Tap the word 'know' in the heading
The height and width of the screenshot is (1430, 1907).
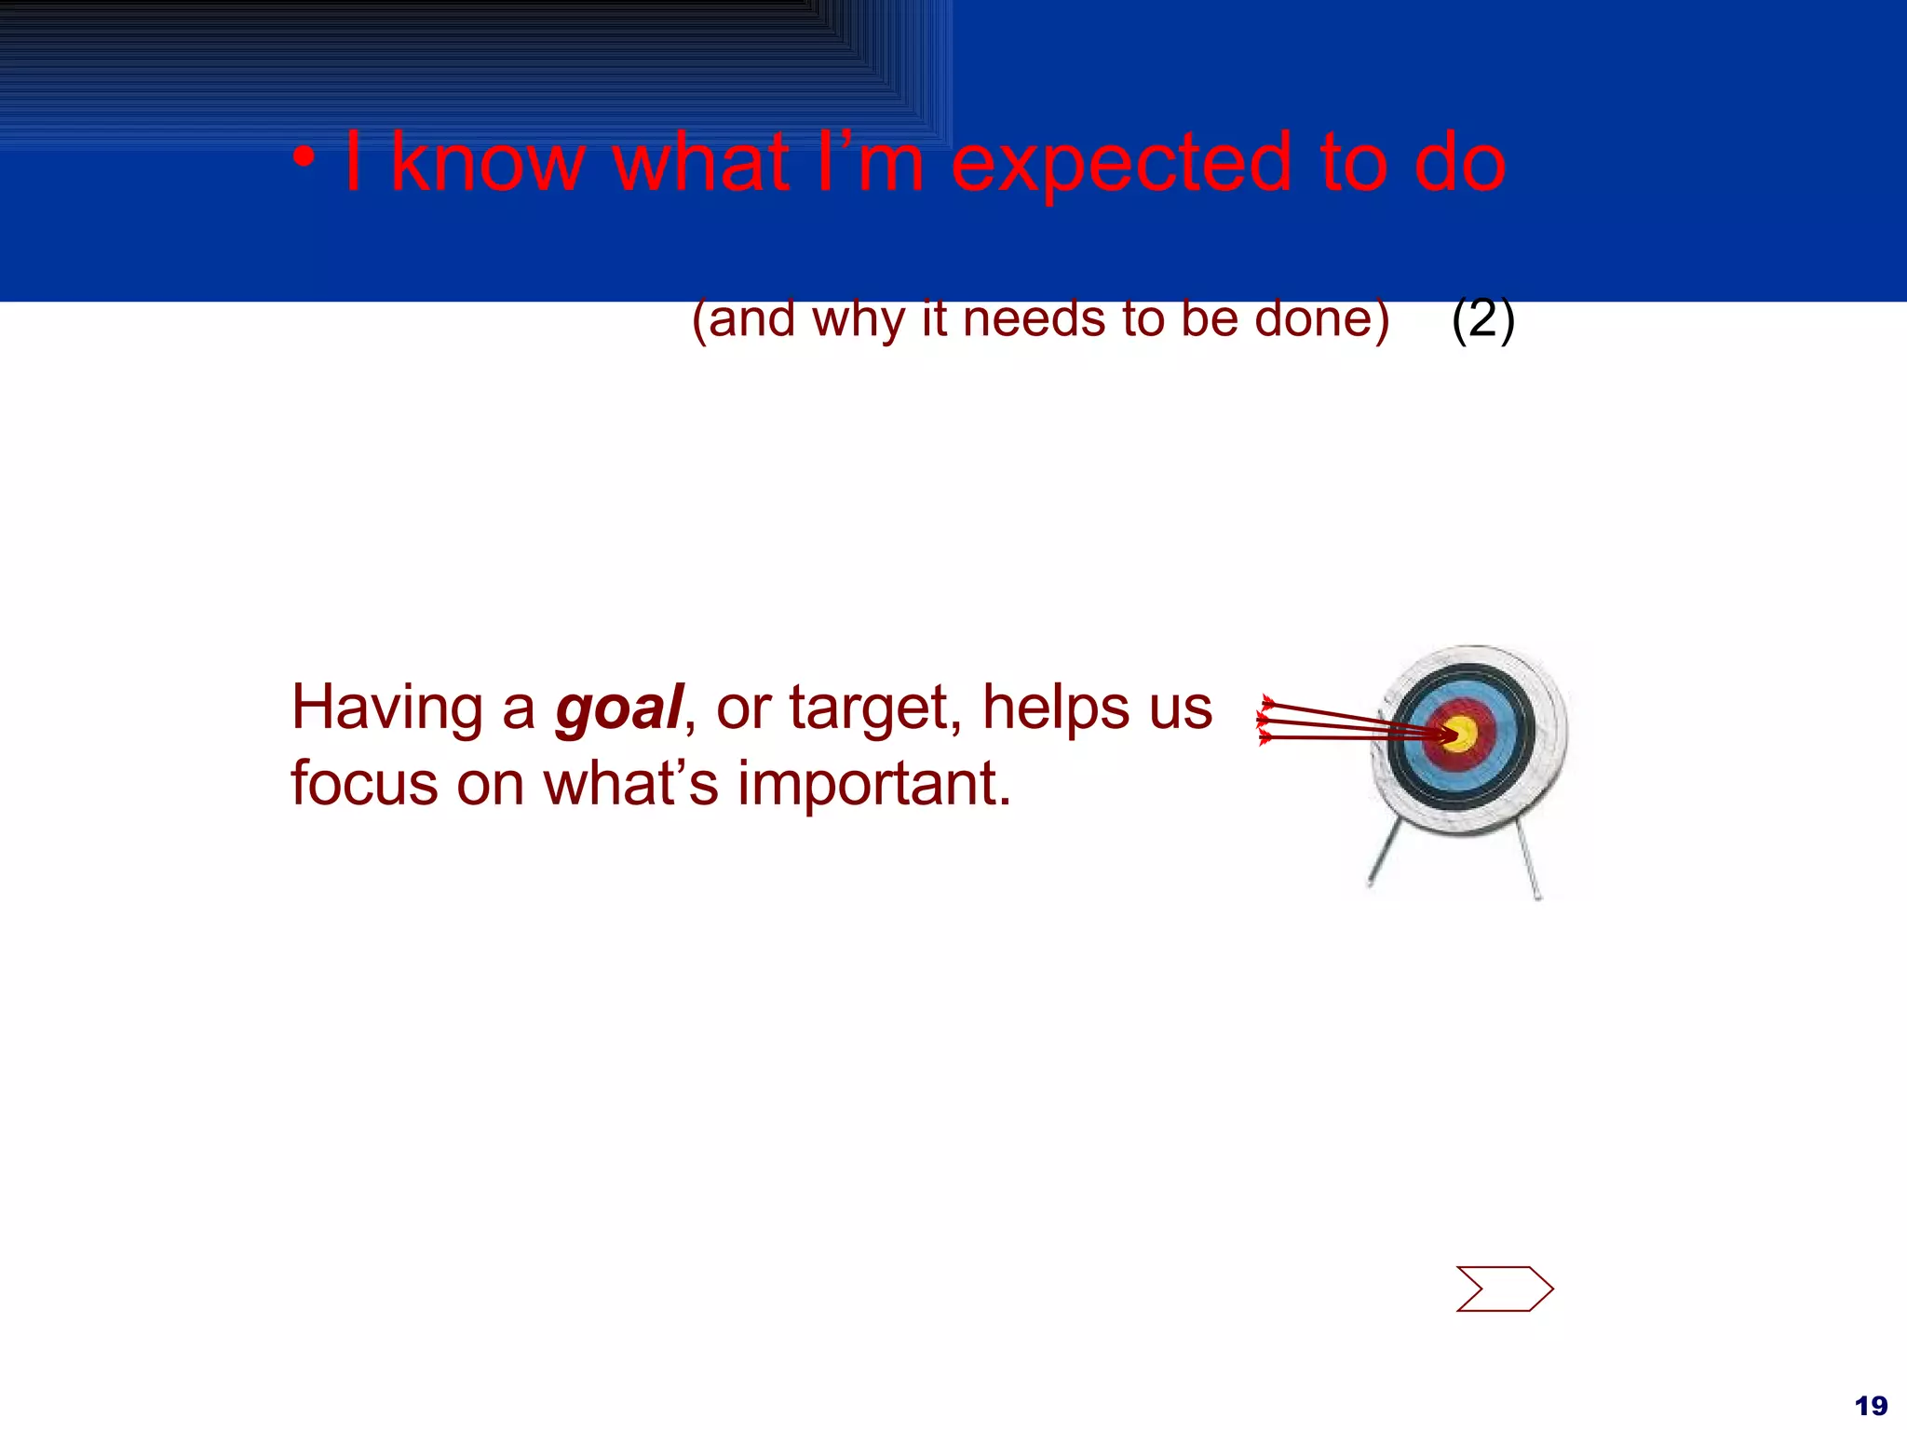[x=486, y=163]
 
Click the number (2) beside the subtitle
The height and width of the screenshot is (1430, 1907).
[x=1482, y=318]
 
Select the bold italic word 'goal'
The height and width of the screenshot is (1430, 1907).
[x=618, y=708]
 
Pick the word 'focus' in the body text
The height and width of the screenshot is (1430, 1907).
[x=364, y=783]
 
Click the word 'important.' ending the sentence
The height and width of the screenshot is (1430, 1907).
[x=873, y=785]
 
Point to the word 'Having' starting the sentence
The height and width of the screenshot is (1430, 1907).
[x=386, y=708]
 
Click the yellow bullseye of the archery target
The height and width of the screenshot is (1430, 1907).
[x=1462, y=734]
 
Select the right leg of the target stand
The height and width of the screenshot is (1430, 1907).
[x=1529, y=864]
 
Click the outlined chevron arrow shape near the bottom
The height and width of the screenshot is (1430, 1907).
[x=1505, y=1288]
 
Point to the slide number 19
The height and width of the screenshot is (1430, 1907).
[x=1871, y=1405]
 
